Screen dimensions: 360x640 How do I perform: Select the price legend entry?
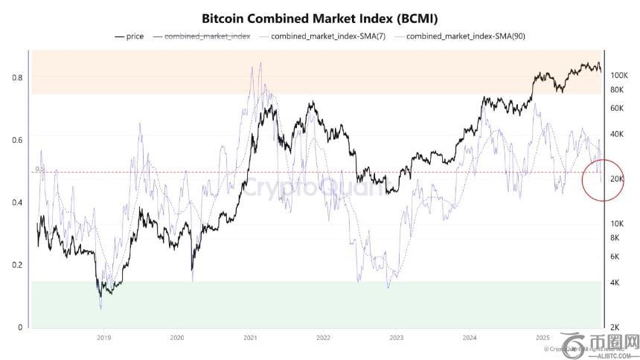point(130,36)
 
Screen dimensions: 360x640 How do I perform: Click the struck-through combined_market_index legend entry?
point(206,36)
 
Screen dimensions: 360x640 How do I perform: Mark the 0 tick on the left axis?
point(19,327)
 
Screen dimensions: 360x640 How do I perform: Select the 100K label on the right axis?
point(620,76)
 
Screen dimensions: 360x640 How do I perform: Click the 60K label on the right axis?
point(618,109)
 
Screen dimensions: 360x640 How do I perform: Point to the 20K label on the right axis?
point(618,179)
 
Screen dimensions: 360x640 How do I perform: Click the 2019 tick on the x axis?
point(103,338)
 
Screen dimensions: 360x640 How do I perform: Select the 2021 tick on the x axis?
point(250,338)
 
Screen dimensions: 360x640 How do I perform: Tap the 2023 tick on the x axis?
point(397,338)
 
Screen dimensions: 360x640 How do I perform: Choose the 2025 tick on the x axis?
point(543,338)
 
